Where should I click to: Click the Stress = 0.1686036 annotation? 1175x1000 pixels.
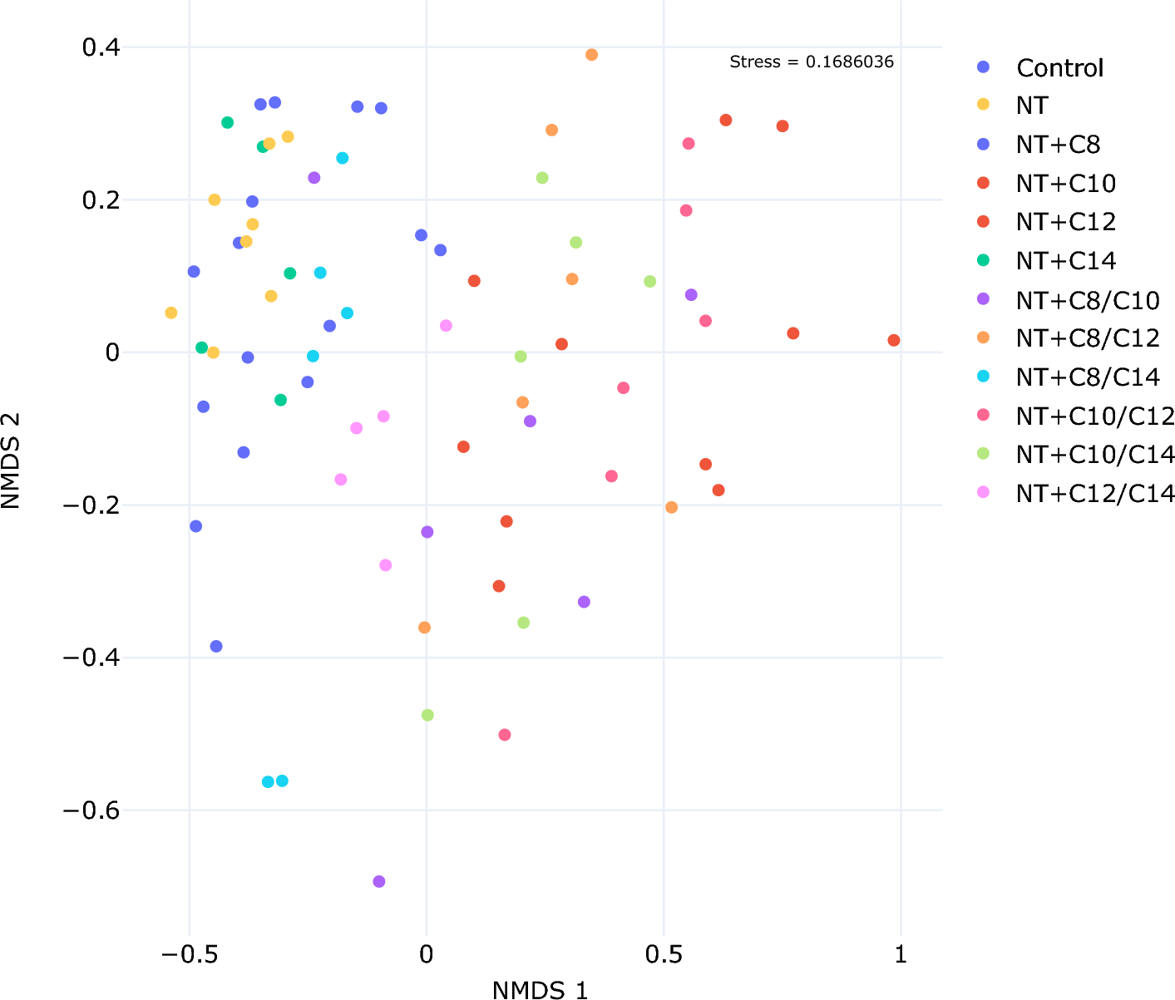[x=811, y=62]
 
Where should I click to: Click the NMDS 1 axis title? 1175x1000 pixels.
[x=540, y=989]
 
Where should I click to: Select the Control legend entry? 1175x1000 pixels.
[x=1059, y=68]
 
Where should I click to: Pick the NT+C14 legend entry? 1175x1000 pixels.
[x=1065, y=261]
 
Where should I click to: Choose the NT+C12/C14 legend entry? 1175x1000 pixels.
[x=1095, y=494]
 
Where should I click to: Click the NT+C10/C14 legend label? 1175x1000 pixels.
[x=1095, y=455]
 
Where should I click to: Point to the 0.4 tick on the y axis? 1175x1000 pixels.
[x=101, y=47]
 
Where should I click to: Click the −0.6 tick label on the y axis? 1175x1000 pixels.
[x=91, y=810]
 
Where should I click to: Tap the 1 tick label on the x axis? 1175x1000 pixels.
[x=901, y=954]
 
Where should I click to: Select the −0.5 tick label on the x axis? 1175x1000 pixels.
[x=190, y=954]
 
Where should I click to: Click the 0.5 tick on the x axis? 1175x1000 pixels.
[x=664, y=954]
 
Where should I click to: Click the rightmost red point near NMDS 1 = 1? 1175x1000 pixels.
[x=894, y=340]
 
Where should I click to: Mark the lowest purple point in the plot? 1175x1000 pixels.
[x=379, y=881]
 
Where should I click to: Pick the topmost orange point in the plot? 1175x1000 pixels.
[x=592, y=55]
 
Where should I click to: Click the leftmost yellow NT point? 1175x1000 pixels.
[x=171, y=313]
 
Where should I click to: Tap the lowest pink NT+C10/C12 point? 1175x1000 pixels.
[x=505, y=735]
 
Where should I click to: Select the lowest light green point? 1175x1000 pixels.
[x=427, y=715]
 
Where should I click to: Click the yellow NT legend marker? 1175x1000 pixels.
[x=983, y=106]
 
